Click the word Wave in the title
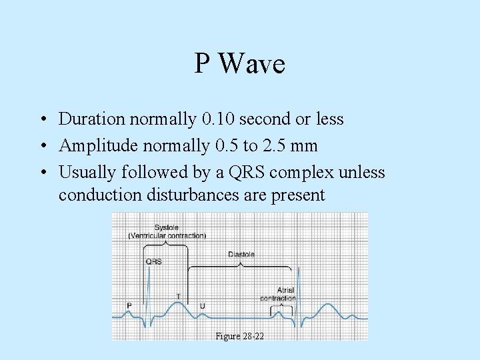251,64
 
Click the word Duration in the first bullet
92,119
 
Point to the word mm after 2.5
305,145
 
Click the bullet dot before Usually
41,173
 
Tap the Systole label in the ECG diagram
167,227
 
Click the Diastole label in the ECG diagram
241,255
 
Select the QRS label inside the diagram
153,262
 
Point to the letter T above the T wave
178,296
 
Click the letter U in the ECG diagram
203,306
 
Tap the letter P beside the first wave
130,306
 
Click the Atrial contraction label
278,294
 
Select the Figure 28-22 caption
240,337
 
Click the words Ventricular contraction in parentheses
167,235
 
